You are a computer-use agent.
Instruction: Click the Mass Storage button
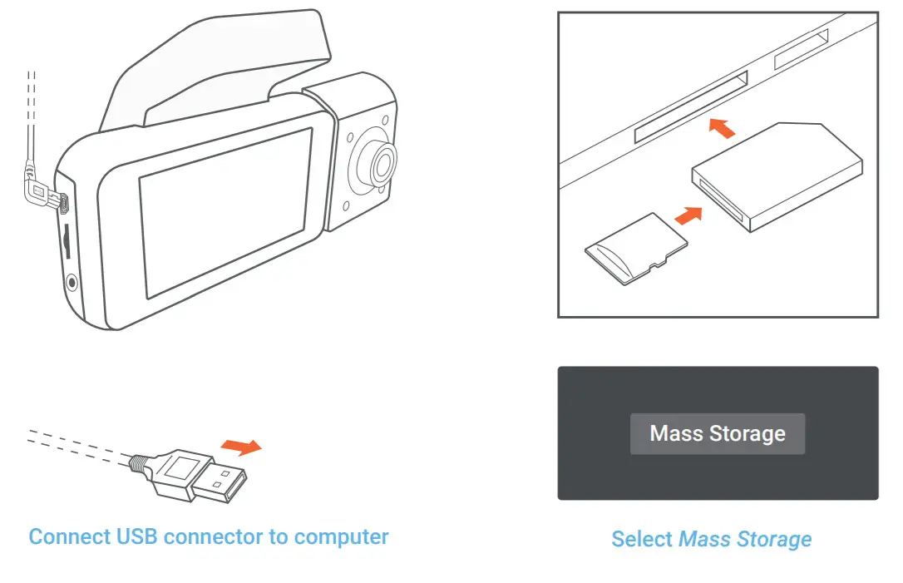717,433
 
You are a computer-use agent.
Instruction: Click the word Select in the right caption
642,539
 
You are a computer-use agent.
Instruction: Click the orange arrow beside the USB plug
243,447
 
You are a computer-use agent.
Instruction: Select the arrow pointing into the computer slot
722,127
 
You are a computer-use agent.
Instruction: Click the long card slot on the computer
690,106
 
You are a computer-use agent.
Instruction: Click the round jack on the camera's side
72,282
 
